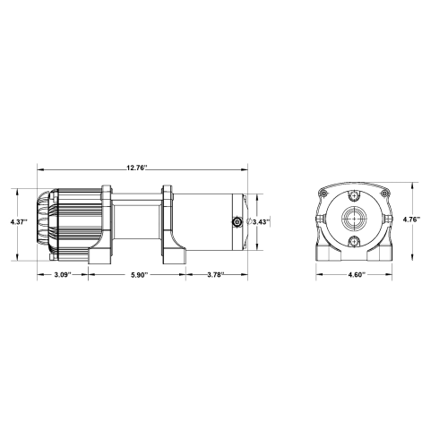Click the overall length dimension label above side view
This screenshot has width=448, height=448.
136,168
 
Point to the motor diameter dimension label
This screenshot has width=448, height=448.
257,220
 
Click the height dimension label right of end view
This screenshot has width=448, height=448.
411,218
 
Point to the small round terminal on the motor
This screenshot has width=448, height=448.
235,221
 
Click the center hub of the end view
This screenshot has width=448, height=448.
356,220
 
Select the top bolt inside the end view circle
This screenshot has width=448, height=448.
356,196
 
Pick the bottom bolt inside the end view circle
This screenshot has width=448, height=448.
356,243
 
